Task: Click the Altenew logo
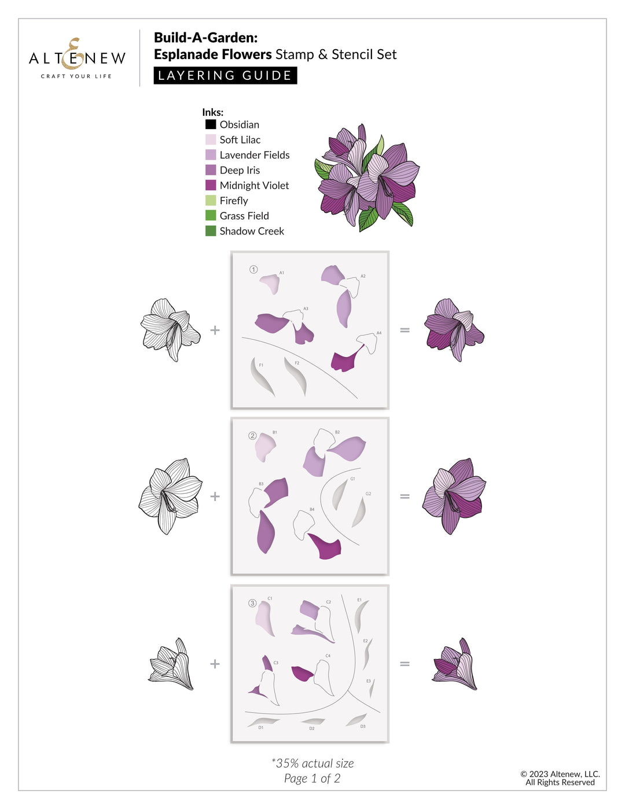77,58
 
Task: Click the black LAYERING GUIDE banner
225,76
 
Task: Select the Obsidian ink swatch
211,124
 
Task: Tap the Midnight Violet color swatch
211,185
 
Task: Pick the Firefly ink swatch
211,200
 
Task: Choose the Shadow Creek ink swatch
211,231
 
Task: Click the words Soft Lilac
240,139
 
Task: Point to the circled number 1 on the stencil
253,270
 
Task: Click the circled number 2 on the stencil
252,436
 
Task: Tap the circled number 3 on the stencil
252,603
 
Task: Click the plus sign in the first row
215,330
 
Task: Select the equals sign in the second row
405,496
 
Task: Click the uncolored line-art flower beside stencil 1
170,330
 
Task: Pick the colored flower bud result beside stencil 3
455,664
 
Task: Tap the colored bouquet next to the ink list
367,177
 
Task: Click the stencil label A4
379,333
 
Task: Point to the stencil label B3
261,484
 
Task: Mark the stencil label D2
312,728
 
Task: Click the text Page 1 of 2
312,778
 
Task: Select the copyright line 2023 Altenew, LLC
560,774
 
